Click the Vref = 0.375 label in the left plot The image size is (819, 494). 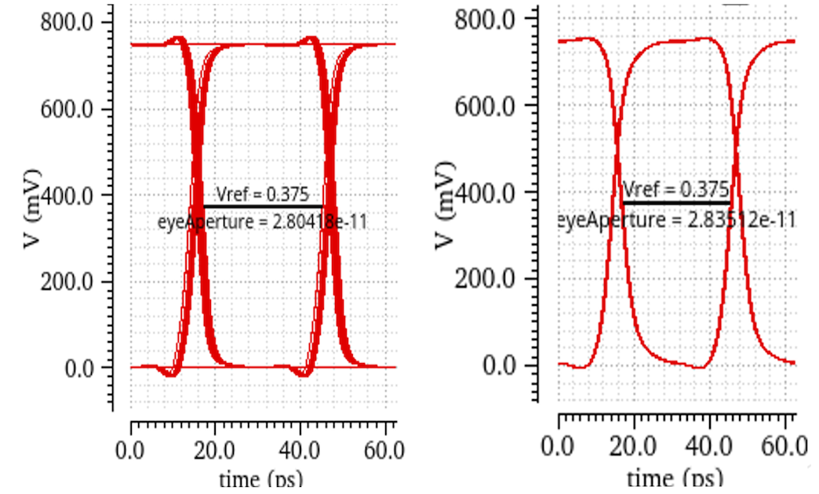click(x=262, y=194)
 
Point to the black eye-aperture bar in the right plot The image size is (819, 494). click(x=676, y=202)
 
